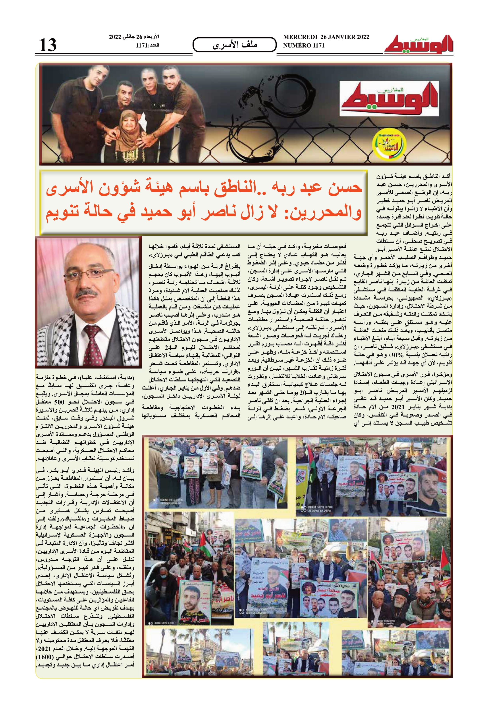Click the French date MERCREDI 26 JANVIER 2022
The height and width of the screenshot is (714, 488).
[326, 37]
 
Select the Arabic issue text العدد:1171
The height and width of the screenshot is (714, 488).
[147, 46]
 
